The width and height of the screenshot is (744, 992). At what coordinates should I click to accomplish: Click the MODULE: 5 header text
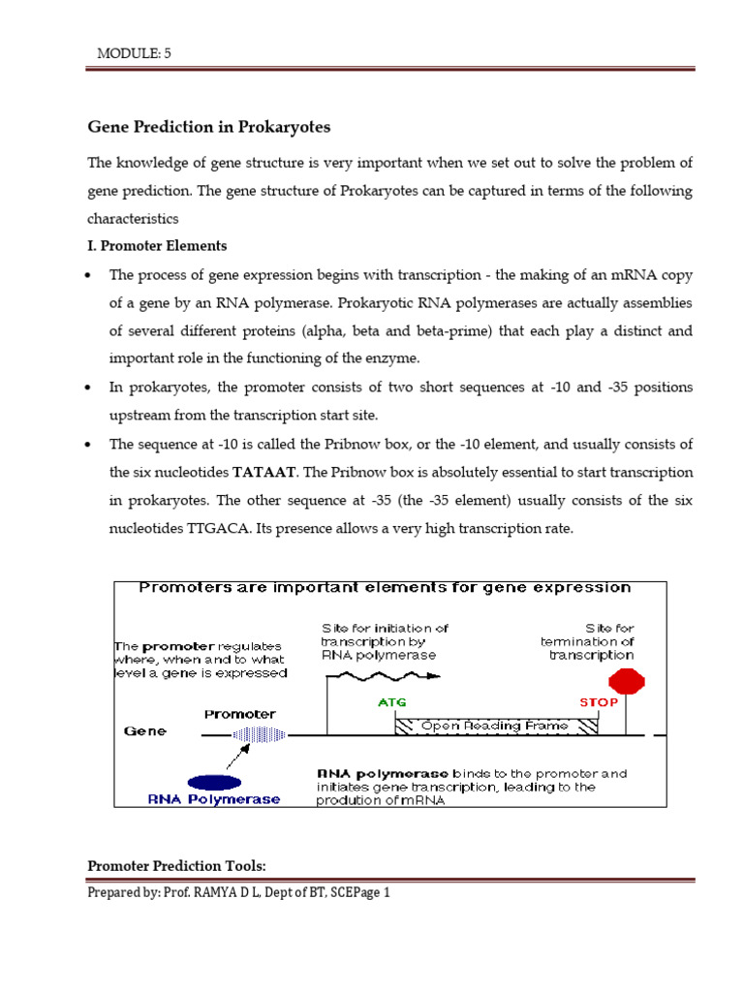tap(134, 53)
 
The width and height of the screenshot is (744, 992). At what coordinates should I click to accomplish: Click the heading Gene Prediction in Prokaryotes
tap(209, 127)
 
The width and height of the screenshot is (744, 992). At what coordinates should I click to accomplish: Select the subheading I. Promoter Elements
tap(157, 246)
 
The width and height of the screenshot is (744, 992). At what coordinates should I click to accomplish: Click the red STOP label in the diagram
tap(598, 702)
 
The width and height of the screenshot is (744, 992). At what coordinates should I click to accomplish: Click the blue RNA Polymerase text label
tap(214, 799)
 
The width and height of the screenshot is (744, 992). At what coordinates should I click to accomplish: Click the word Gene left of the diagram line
tap(144, 731)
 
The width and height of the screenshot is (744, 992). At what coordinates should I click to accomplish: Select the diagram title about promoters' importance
tap(385, 587)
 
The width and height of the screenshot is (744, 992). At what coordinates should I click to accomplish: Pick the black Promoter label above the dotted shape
tap(239, 714)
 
